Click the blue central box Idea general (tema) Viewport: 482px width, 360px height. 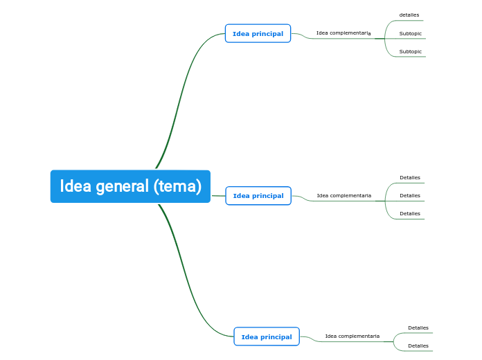(130, 186)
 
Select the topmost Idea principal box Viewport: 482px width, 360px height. (258, 33)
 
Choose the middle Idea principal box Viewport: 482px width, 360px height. (258, 196)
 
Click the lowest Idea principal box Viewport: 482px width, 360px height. (267, 337)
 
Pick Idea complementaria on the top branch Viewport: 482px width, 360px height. (343, 33)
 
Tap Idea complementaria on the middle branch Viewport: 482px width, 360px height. (344, 196)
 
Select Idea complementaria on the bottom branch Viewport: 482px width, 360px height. (352, 336)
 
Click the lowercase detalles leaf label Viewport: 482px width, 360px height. (409, 15)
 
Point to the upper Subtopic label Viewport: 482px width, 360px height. (411, 33)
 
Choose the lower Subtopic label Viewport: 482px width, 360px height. (411, 52)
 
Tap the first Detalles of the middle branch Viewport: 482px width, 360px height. (410, 178)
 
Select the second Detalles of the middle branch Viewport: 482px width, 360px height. (410, 196)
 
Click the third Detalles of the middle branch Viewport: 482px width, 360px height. (410, 214)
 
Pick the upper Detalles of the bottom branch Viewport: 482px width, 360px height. (418, 328)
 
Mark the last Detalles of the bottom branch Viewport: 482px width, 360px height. (418, 346)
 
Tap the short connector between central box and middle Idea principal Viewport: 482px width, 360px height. (218, 196)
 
